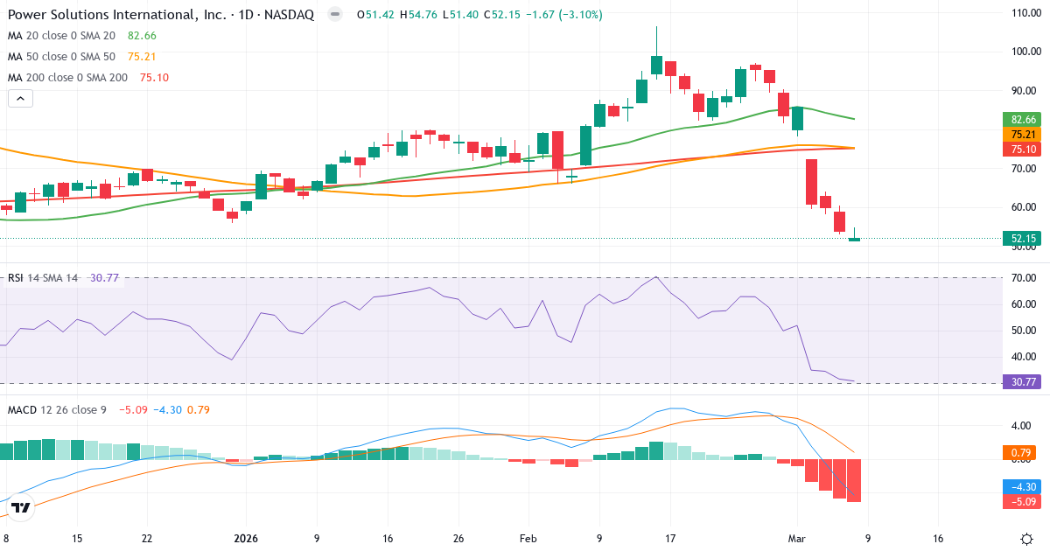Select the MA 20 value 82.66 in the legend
(142, 35)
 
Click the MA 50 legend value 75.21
(142, 56)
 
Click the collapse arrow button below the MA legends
(20, 98)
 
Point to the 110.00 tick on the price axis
(1024, 12)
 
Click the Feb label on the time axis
(528, 539)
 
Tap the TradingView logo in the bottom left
(21, 507)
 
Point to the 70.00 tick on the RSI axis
(1024, 278)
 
